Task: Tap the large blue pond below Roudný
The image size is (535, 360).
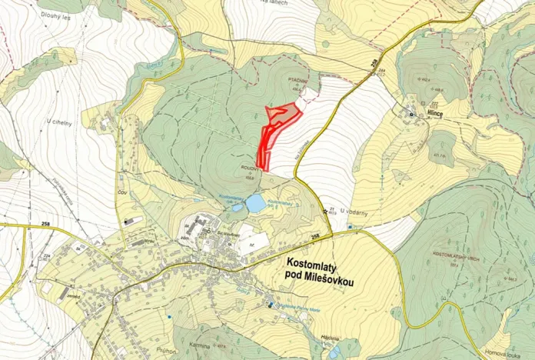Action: (255, 203)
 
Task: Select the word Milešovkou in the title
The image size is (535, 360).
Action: (332, 282)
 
